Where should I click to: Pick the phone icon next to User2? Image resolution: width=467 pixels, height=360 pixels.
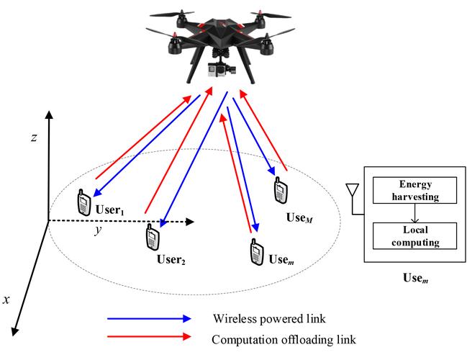(152, 237)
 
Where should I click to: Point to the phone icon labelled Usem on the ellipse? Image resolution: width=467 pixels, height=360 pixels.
(255, 252)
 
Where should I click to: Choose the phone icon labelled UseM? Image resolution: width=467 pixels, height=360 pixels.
(279, 191)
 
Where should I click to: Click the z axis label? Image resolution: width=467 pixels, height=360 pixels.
(33, 138)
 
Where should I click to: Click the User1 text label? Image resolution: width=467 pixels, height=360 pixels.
(111, 210)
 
